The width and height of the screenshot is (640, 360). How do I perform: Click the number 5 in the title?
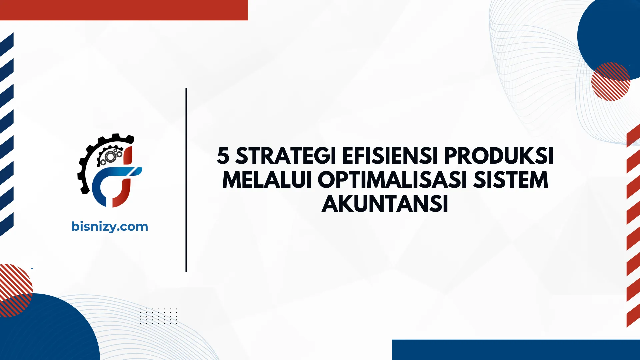[x=223, y=156]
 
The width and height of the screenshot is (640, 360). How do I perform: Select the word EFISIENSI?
[x=390, y=156]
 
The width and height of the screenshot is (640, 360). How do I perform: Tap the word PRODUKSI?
[x=499, y=156]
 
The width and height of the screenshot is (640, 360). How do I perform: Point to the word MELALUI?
[x=267, y=180]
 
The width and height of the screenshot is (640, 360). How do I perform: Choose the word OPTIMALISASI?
[x=392, y=180]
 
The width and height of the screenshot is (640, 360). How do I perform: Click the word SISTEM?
[x=511, y=180]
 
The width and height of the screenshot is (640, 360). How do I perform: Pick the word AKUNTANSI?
[x=385, y=204]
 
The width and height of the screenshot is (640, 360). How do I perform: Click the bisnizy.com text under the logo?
[x=110, y=227]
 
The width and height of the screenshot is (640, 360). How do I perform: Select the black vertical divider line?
[x=186, y=180]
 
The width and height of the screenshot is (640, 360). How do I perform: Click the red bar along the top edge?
[x=124, y=10]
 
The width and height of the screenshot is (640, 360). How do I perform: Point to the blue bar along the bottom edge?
[x=516, y=350]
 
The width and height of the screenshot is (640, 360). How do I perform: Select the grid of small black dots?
[x=159, y=316]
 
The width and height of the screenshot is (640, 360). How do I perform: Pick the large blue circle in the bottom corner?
[x=43, y=330]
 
